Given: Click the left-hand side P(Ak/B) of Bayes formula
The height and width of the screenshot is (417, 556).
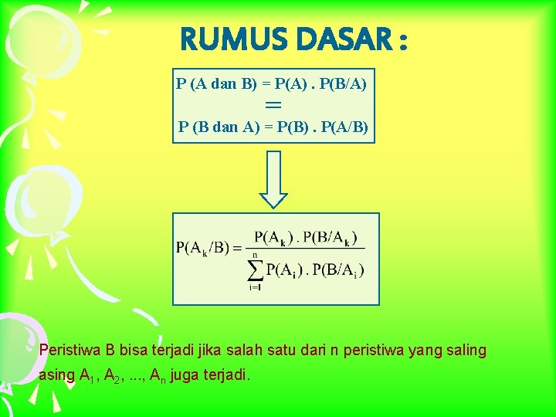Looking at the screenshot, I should click(x=204, y=248).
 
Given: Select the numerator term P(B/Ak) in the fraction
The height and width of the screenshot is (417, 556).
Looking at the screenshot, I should click(x=330, y=237).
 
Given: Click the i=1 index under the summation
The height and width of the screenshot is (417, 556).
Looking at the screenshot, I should click(x=254, y=286).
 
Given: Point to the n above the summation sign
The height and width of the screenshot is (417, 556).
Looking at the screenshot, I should click(x=255, y=254).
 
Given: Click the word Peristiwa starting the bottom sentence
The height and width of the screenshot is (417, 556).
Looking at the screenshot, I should click(x=68, y=351).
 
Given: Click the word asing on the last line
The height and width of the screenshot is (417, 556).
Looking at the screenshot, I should click(x=56, y=375).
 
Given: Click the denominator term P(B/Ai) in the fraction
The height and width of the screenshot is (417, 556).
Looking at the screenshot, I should click(x=338, y=270).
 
